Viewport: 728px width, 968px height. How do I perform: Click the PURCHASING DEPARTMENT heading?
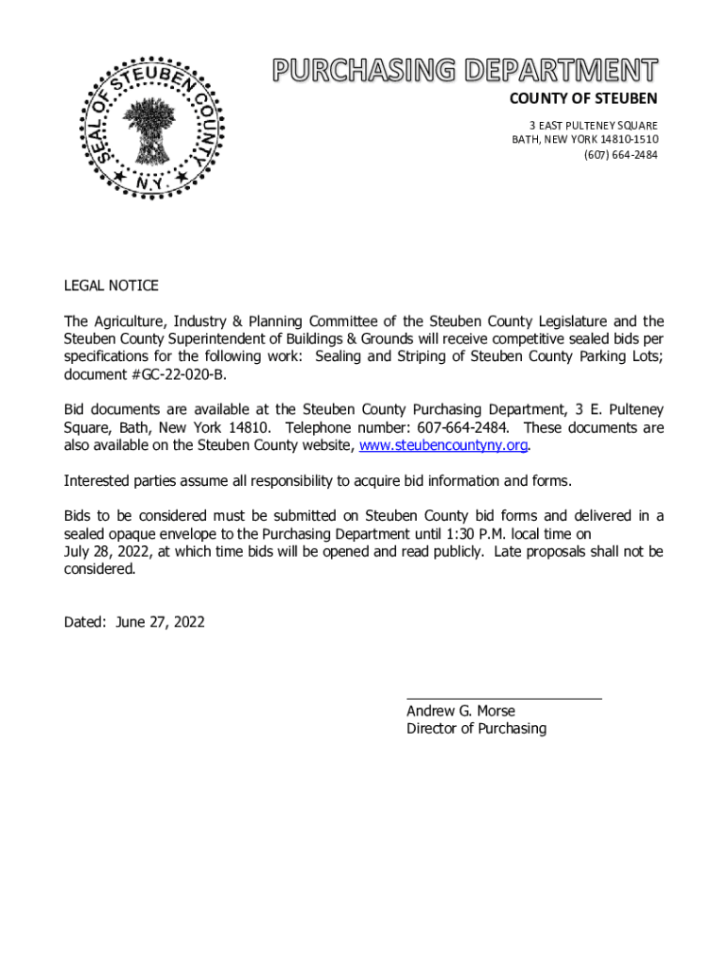466,70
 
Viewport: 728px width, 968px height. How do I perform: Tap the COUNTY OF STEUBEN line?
583,98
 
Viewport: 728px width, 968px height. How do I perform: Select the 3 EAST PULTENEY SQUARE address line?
592,126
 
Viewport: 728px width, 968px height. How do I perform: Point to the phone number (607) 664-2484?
620,154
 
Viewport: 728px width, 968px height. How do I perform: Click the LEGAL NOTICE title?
111,285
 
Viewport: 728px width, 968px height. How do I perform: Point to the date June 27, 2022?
160,622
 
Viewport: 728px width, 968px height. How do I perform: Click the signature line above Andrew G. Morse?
504,699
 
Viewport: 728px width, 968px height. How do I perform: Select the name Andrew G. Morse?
460,711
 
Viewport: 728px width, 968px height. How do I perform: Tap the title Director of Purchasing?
476,729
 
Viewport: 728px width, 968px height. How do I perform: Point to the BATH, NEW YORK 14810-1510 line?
584,140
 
